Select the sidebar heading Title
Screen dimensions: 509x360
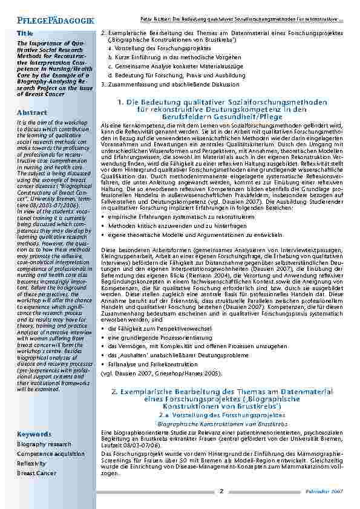25,33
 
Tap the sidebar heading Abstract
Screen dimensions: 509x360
28,113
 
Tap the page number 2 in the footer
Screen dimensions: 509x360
221,491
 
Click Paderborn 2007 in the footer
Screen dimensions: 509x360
329,492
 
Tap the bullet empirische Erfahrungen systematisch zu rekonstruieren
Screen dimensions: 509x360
174,216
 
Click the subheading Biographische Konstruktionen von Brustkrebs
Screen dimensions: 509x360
221,424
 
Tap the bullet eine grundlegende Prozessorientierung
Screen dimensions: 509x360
154,336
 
